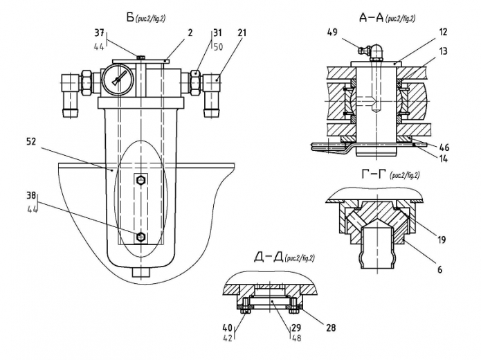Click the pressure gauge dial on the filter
(x=118, y=79)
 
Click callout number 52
(x=31, y=142)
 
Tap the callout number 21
(x=242, y=33)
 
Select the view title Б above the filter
(x=129, y=17)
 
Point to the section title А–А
(x=372, y=18)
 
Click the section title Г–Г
(x=373, y=174)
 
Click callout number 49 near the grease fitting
(x=333, y=32)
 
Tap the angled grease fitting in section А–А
(x=370, y=53)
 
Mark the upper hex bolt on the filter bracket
(x=140, y=180)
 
